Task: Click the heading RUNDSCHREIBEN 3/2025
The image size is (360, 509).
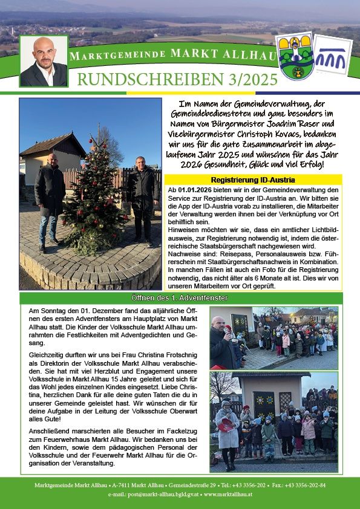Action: pos(177,79)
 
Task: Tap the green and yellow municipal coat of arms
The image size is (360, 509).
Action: pos(295,56)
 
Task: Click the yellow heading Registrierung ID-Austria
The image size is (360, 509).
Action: pos(253,180)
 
